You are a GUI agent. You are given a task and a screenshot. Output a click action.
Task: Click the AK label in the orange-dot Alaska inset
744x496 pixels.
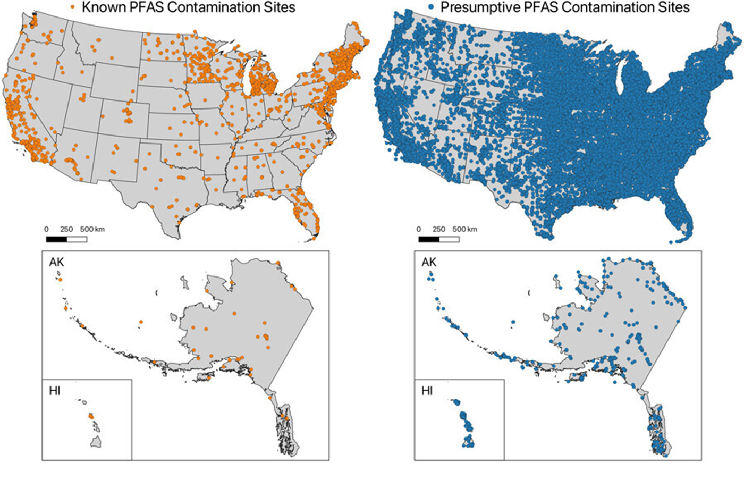click(57, 262)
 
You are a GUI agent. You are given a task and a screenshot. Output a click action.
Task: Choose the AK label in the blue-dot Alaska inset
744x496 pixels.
click(429, 262)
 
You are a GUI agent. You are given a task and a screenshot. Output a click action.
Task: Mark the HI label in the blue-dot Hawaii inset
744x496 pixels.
click(427, 391)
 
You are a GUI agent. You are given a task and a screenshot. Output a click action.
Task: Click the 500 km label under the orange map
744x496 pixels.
click(92, 229)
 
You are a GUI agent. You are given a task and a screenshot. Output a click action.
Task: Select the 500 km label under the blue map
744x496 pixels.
click(464, 229)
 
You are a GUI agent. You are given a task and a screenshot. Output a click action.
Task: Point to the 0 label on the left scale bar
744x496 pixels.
click(46, 229)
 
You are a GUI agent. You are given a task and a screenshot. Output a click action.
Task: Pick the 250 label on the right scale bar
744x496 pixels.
click(438, 229)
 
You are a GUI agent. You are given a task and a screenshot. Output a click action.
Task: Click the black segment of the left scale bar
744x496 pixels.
click(56, 239)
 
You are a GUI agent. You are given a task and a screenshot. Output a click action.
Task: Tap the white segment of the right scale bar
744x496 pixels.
click(449, 239)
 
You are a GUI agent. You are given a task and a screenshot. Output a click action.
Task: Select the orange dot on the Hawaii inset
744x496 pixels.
click(90, 417)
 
